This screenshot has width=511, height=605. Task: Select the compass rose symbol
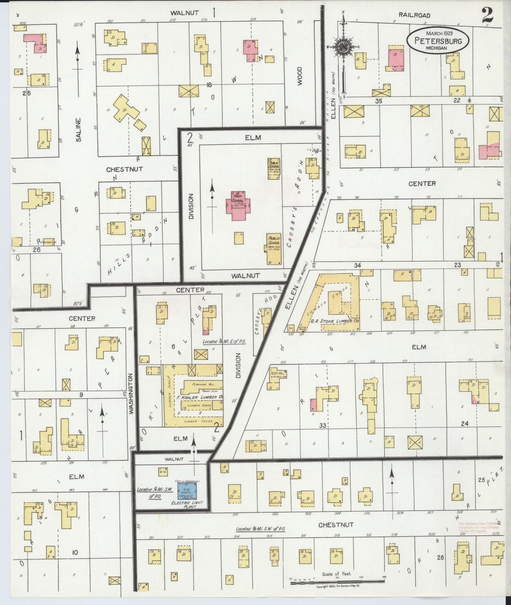342,47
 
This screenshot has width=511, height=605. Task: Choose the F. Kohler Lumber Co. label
202,397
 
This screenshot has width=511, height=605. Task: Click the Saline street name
78,130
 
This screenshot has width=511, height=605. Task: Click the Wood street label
300,76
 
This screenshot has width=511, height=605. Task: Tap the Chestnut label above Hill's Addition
124,169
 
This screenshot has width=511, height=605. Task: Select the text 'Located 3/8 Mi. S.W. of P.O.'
260,529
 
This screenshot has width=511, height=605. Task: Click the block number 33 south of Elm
322,426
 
